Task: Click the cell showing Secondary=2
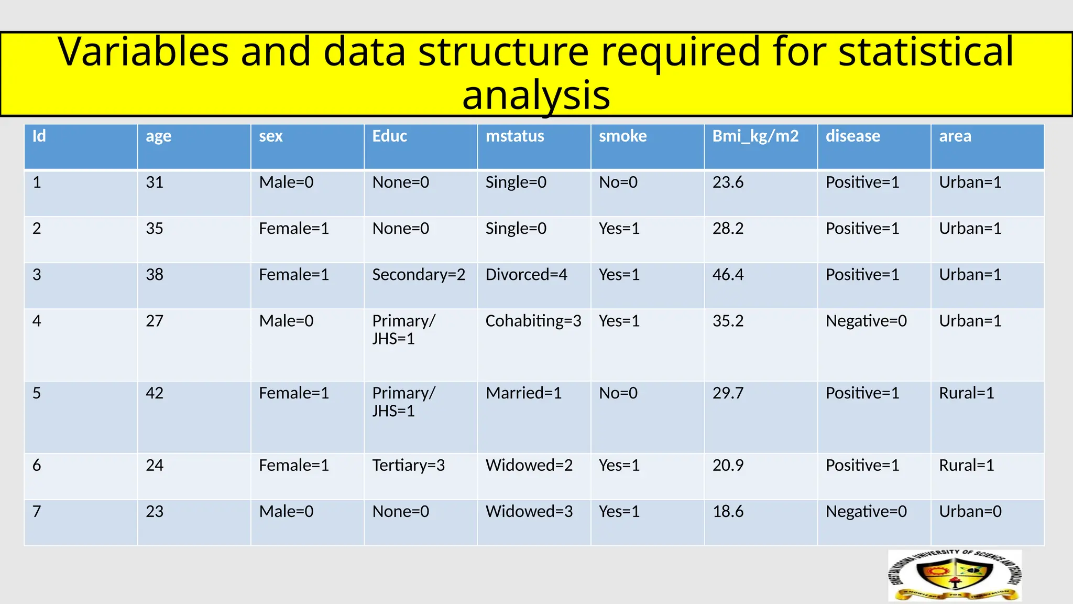(x=419, y=275)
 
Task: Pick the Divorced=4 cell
(x=526, y=275)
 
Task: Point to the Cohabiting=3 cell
(x=533, y=321)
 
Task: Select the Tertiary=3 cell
(x=408, y=465)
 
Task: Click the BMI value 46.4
(x=728, y=275)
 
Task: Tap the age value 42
(x=155, y=393)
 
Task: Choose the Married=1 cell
(x=523, y=393)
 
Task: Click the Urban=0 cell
(x=970, y=511)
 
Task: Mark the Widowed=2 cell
(x=529, y=465)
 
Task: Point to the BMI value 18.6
(x=728, y=511)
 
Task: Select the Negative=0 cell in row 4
(x=866, y=321)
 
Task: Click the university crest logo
(x=955, y=576)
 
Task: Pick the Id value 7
(x=37, y=511)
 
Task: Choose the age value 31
(x=155, y=182)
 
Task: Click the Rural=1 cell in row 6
(x=966, y=465)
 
